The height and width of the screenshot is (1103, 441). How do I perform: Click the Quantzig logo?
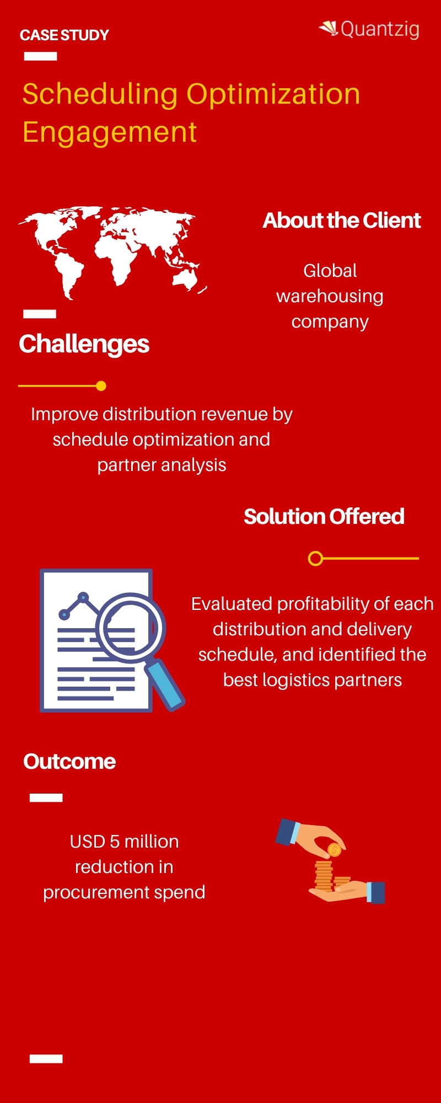pyautogui.click(x=370, y=29)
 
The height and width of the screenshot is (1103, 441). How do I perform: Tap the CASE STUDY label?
pyautogui.click(x=64, y=35)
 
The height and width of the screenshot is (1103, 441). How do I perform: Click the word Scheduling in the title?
pyautogui.click(x=100, y=94)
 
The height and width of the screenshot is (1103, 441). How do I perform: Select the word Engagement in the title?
pyautogui.click(x=110, y=132)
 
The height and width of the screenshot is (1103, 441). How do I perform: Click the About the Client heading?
pyautogui.click(x=342, y=221)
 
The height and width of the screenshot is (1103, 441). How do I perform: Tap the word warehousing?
pyautogui.click(x=330, y=296)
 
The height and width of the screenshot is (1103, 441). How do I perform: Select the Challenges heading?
pyautogui.click(x=84, y=344)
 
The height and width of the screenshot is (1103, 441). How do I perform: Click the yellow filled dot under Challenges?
pyautogui.click(x=101, y=386)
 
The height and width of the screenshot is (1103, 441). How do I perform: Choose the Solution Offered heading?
pyautogui.click(x=324, y=517)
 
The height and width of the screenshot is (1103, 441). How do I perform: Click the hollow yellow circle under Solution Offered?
pyautogui.click(x=315, y=559)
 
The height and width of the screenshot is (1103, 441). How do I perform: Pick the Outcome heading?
pyautogui.click(x=69, y=762)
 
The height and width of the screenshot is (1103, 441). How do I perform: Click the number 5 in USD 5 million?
pyautogui.click(x=115, y=842)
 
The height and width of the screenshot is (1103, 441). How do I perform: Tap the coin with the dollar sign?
pyautogui.click(x=334, y=850)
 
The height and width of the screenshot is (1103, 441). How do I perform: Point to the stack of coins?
pyautogui.click(x=324, y=875)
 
